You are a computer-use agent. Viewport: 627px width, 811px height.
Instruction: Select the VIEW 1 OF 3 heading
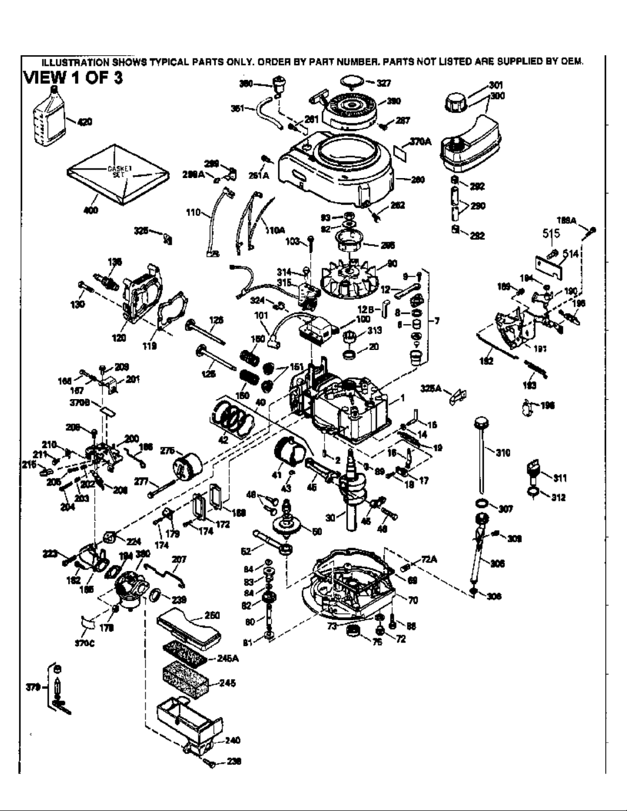pyautogui.click(x=73, y=79)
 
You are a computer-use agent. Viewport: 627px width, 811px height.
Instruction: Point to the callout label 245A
pyautogui.click(x=228, y=659)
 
